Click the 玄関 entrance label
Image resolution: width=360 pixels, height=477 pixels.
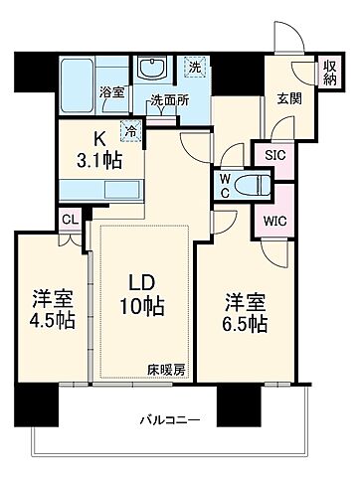288,96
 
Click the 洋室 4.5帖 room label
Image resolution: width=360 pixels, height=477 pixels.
46,310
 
